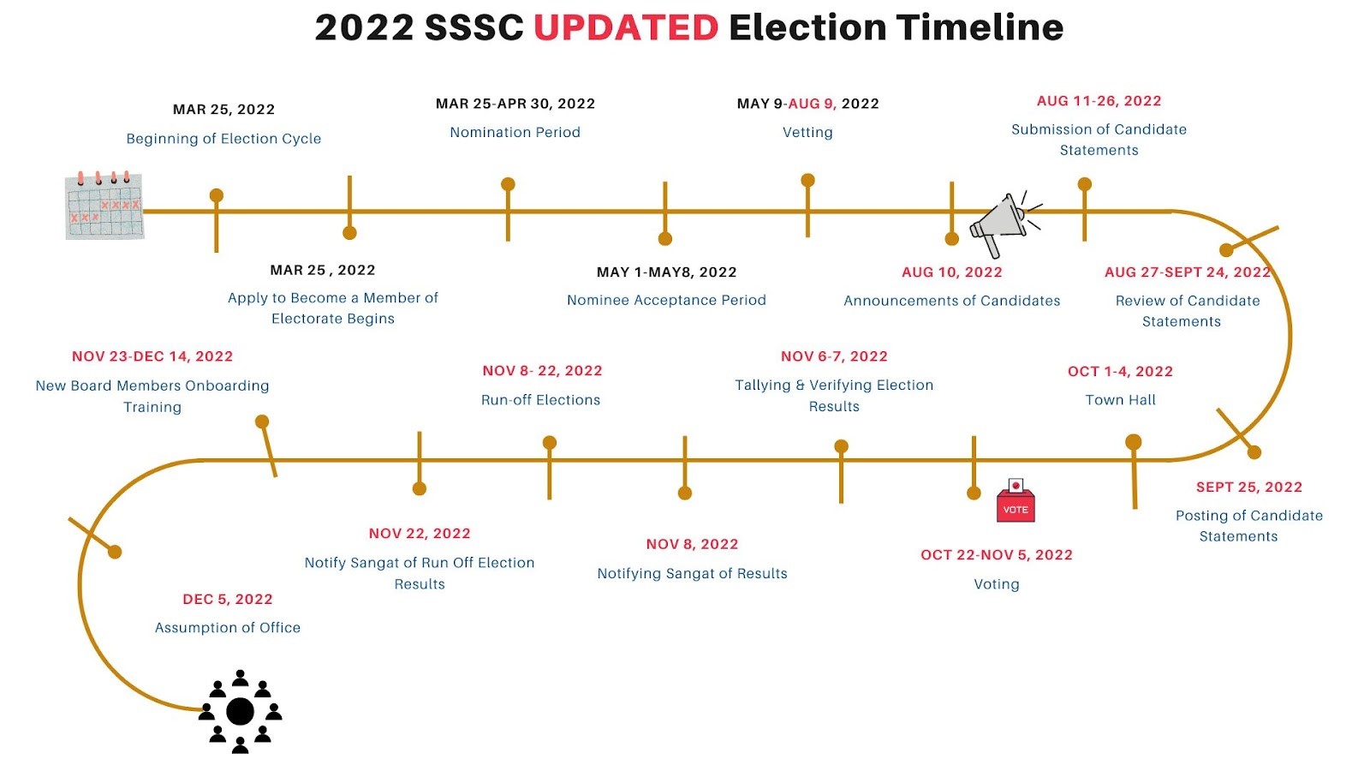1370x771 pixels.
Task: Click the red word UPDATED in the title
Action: [626, 27]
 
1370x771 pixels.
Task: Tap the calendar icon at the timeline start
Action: [104, 206]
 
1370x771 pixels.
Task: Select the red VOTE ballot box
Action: [1016, 500]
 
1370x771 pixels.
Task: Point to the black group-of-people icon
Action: [240, 712]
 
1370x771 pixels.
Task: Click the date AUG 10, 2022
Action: [952, 272]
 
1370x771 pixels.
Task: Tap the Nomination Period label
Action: [515, 132]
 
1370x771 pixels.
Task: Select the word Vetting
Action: [807, 132]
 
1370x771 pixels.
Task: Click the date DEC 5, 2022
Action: [228, 599]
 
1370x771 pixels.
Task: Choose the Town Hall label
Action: [1121, 400]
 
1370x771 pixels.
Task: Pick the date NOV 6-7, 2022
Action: [834, 356]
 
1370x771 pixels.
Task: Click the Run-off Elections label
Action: [540, 400]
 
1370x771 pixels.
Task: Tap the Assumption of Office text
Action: [228, 628]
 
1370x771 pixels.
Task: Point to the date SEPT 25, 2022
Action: [1249, 487]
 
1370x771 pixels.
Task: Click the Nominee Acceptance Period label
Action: [667, 301]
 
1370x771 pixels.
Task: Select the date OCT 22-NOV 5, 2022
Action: [997, 555]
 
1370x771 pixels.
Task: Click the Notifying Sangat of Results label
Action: [693, 574]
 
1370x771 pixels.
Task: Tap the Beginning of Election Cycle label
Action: [223, 139]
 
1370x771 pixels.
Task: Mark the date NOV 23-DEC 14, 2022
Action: [152, 356]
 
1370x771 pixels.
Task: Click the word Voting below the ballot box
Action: [997, 584]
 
